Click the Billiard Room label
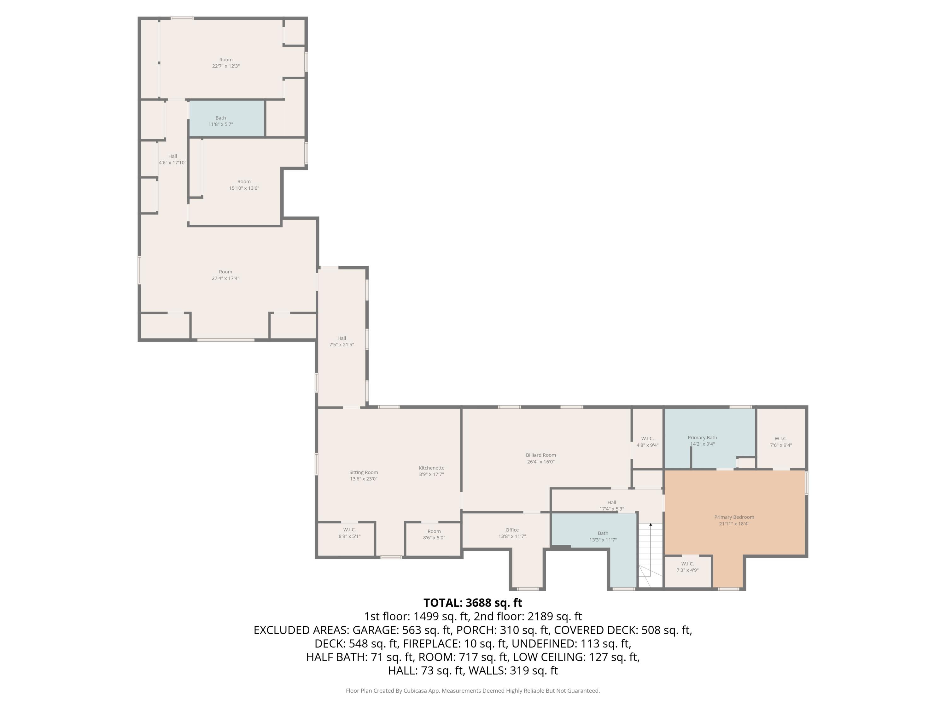(x=540, y=455)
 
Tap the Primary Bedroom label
(x=734, y=517)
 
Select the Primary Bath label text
(x=702, y=437)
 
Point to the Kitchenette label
(x=431, y=468)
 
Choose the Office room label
(x=512, y=530)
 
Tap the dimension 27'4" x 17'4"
(x=225, y=278)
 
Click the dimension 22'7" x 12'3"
(x=226, y=66)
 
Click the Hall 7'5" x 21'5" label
(x=341, y=341)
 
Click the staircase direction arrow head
(x=651, y=524)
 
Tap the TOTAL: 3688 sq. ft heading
(x=473, y=603)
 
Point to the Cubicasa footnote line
(x=473, y=690)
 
